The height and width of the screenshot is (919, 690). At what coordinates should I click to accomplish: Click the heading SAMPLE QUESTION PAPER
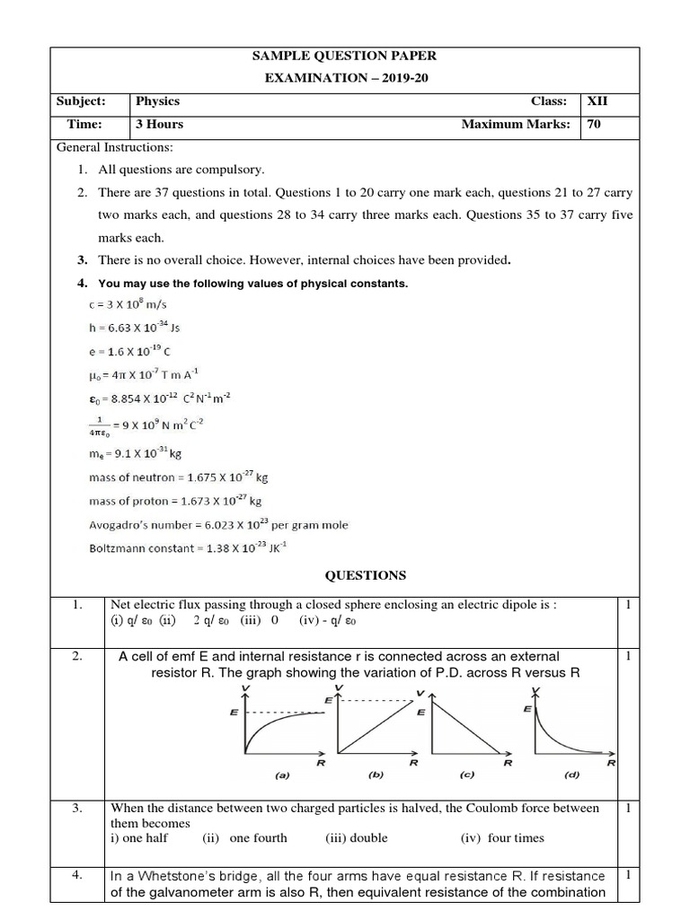click(x=345, y=56)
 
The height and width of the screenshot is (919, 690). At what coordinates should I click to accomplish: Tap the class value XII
click(x=597, y=102)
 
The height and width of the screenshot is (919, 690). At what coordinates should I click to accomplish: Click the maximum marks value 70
click(x=594, y=125)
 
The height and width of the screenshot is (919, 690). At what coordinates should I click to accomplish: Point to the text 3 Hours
click(x=159, y=125)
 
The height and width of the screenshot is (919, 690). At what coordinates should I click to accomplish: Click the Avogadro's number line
click(x=218, y=524)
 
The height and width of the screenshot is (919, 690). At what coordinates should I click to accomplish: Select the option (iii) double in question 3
click(x=357, y=838)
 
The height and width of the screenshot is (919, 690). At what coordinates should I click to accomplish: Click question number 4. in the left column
click(x=77, y=874)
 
